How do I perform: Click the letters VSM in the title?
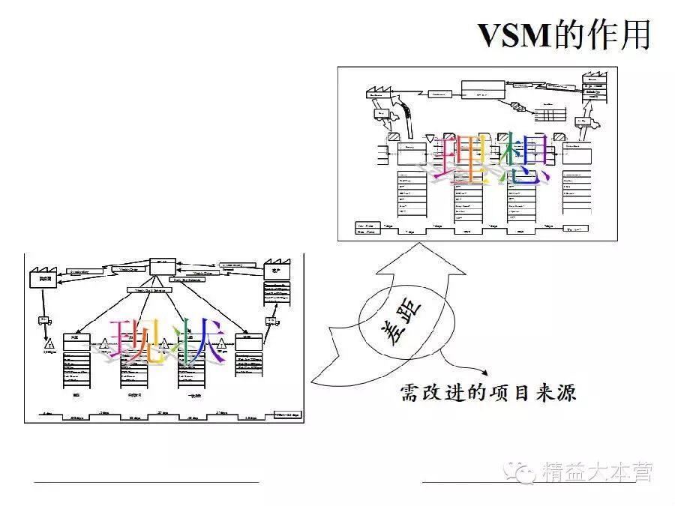pos(515,35)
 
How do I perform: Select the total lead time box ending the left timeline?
pos(285,414)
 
